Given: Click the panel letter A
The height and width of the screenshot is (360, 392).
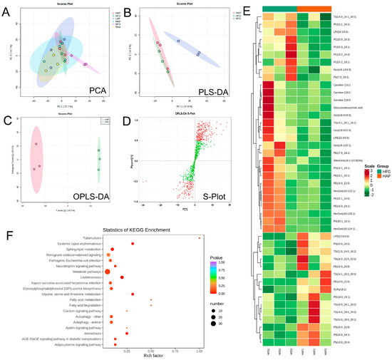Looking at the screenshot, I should point(8,14).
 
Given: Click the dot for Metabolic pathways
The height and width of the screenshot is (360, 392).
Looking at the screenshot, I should point(108,271).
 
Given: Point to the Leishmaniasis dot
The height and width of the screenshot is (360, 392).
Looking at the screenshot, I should point(122,277).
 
